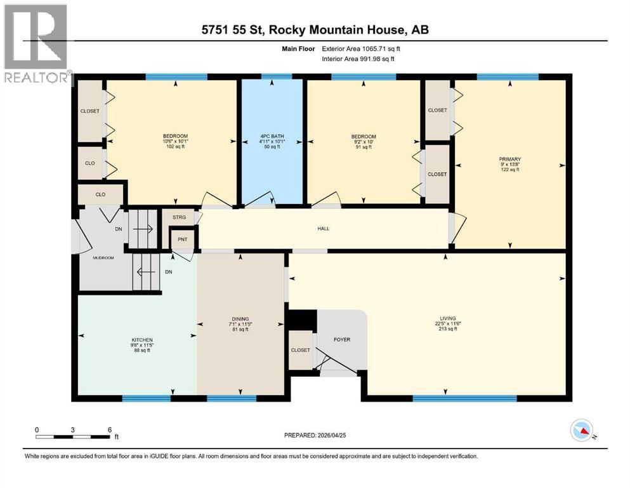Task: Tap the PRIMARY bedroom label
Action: pos(510,159)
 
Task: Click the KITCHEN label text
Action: pos(138,340)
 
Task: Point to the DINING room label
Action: pos(240,319)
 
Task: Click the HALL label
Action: pos(324,229)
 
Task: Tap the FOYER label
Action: pos(342,339)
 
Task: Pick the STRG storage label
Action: pos(179,217)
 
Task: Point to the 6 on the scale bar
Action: pos(110,430)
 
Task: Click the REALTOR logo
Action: pos(36,44)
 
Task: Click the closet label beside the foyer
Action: pos(300,350)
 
